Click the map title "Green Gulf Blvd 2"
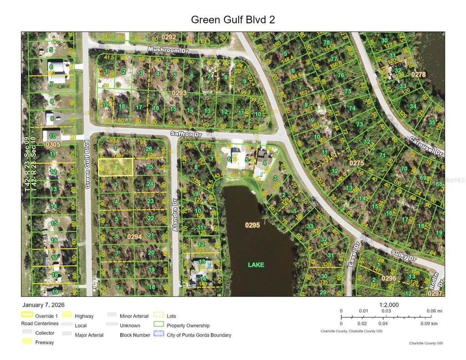point(233,20)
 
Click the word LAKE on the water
point(256,264)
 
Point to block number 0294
point(135,237)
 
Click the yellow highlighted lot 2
point(116,167)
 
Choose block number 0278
point(419,74)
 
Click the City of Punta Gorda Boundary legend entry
point(199,335)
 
